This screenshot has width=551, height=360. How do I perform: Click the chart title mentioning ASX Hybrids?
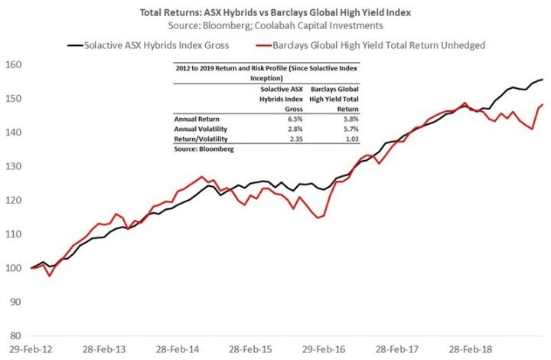pos(275,13)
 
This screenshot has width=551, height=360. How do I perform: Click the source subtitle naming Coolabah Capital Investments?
pos(275,26)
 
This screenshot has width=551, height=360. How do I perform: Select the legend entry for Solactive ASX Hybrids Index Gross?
pos(148,45)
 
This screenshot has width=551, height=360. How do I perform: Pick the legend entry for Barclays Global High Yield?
pos(370,45)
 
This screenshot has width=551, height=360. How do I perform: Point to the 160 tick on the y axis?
pos(13,64)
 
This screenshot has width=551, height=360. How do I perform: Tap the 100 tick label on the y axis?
pos(13,268)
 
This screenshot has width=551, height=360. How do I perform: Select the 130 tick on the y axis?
pos(13,166)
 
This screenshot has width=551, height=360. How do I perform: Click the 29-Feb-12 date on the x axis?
pos(31,349)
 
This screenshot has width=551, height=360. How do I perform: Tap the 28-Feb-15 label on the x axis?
pos(250,349)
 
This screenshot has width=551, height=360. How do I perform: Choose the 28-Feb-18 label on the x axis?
pos(470,349)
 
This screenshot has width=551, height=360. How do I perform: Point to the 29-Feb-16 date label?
pos(324,349)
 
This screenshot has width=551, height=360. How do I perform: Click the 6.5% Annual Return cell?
pos(295,119)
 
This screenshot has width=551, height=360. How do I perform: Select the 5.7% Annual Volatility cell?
pos(350,129)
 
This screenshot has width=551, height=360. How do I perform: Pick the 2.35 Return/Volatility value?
pos(296,139)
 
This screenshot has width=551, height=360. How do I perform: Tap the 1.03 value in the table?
pos(352,139)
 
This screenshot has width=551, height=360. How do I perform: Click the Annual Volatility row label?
pos(201,129)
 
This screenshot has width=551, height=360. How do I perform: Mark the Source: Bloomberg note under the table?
pos(204,149)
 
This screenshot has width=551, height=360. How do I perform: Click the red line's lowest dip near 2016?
pos(318,218)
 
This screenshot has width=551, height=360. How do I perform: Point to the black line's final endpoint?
pos(543,80)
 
